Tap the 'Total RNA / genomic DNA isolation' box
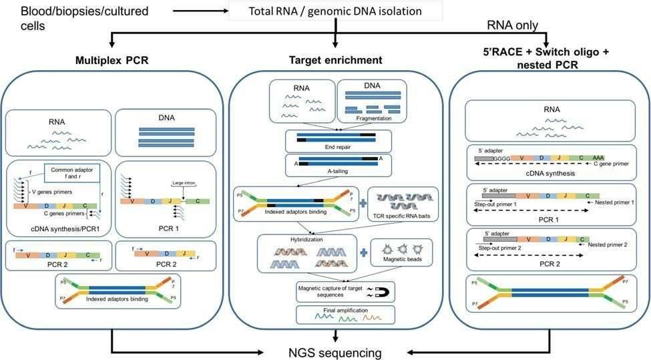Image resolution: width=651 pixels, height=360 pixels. point(335,11)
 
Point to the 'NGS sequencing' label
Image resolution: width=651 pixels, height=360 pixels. point(335,352)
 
